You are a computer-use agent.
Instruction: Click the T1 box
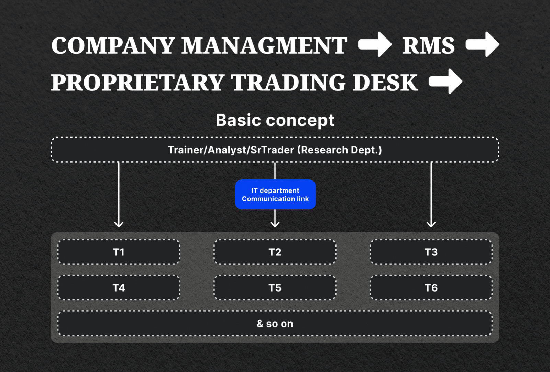coord(119,252)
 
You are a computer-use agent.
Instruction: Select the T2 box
coord(275,252)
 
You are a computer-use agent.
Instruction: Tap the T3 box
coord(431,252)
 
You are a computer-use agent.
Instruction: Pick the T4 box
coord(119,288)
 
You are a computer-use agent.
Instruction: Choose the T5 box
coord(275,288)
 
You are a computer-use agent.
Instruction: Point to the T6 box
coord(431,288)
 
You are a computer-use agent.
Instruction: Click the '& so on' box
coord(275,324)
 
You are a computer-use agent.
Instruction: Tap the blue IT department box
coord(275,195)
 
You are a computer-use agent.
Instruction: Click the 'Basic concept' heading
coord(275,120)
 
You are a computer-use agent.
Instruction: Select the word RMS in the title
coord(428,46)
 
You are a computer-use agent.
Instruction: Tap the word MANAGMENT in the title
coord(264,46)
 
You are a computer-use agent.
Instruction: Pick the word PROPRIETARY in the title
coord(137,83)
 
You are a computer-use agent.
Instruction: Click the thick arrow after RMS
coord(482,44)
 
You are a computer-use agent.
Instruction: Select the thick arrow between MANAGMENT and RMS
coord(375,44)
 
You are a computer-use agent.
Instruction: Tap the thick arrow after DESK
coord(445,81)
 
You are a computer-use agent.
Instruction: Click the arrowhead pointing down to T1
coord(119,224)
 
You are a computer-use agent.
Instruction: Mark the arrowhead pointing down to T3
coord(431,224)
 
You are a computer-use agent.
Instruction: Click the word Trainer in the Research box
coord(186,150)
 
